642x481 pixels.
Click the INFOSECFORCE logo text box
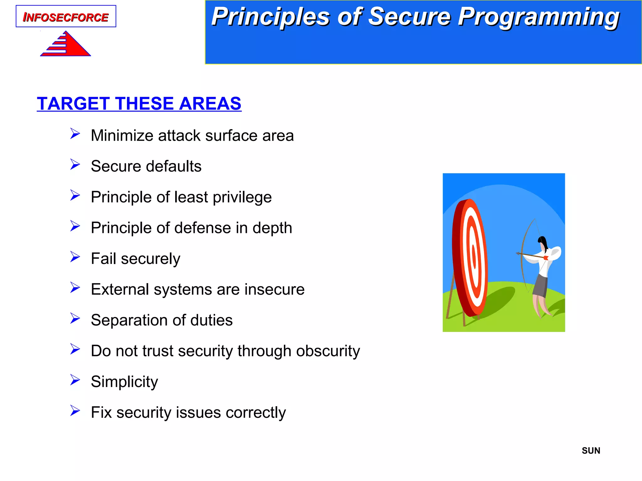click(66, 17)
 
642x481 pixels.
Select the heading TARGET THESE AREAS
click(139, 104)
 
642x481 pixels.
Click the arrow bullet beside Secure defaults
click(75, 164)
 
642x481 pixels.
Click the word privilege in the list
click(242, 197)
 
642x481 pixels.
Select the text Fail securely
click(135, 259)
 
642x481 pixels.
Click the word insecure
click(274, 289)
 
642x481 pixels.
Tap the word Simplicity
click(124, 382)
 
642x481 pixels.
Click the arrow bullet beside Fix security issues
click(75, 411)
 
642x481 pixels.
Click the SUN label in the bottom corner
click(591, 451)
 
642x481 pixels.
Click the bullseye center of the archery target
click(474, 258)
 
